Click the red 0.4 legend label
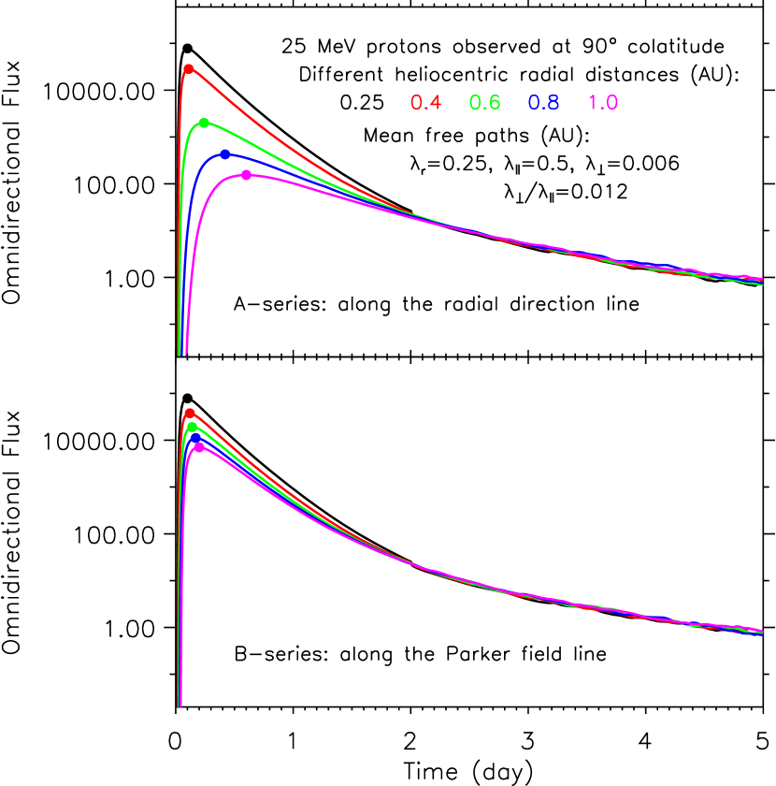pos(425,103)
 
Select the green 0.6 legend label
pos(484,103)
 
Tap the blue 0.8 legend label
pos(543,103)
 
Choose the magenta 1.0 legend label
pos(603,103)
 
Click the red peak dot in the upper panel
pos(188,68)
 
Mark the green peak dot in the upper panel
pos(204,123)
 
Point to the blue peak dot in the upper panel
pos(224,153)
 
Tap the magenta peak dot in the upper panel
pos(246,175)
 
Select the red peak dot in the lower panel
pos(190,413)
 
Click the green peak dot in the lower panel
pos(193,427)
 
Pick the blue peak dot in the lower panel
pos(195,437)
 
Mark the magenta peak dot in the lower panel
pos(199,447)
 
